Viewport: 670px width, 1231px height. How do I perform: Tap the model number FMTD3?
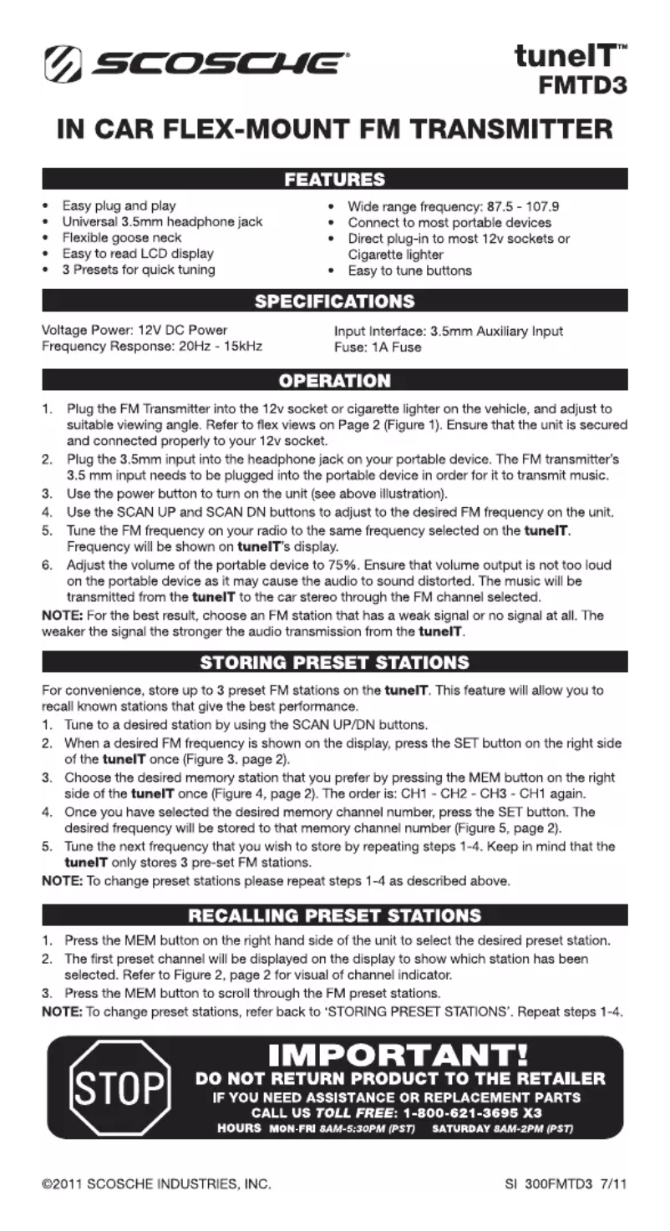(x=584, y=84)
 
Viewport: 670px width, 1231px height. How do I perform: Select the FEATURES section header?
(x=334, y=180)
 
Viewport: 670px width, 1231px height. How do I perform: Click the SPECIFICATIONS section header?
(x=334, y=301)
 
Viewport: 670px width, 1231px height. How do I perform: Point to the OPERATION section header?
(x=334, y=381)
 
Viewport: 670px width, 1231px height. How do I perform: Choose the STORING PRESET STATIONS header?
(x=334, y=663)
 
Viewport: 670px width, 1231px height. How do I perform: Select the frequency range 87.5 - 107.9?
(x=510, y=205)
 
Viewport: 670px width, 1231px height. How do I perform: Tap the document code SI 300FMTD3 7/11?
(x=566, y=1184)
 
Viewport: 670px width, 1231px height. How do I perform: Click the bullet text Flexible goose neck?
(x=122, y=237)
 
